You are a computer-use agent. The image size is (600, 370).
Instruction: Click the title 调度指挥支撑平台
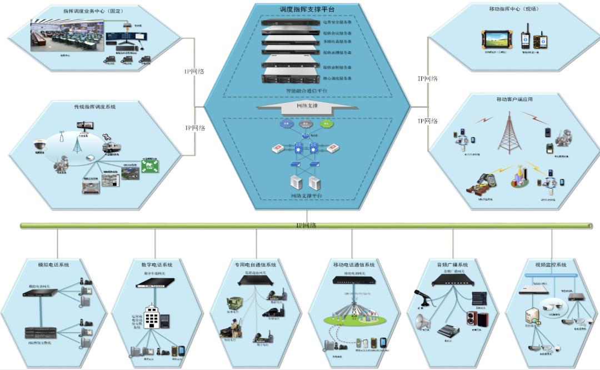pyautogui.click(x=307, y=9)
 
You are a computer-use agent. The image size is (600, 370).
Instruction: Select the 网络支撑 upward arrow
pyautogui.click(x=307, y=106)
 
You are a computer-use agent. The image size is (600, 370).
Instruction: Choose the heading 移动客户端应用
pyautogui.click(x=514, y=99)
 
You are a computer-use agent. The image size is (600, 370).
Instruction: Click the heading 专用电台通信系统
pyautogui.click(x=255, y=265)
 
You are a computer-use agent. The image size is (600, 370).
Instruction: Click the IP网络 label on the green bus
pyautogui.click(x=306, y=225)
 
